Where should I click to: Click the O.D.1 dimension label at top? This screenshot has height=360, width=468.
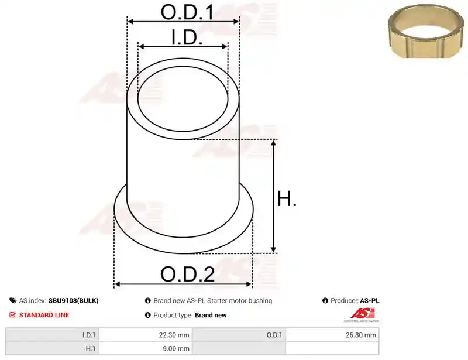(x=187, y=12)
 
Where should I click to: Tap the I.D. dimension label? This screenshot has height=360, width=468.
(x=187, y=37)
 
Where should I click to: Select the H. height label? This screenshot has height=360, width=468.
(x=287, y=198)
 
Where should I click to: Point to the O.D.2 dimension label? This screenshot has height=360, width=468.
(x=187, y=274)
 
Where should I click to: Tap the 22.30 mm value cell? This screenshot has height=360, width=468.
(x=146, y=335)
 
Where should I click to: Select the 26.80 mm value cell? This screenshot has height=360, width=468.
(x=332, y=335)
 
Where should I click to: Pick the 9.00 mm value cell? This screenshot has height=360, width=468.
(x=146, y=348)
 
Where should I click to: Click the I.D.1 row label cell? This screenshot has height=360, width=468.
(x=52, y=335)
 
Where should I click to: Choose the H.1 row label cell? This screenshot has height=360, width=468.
(x=52, y=348)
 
